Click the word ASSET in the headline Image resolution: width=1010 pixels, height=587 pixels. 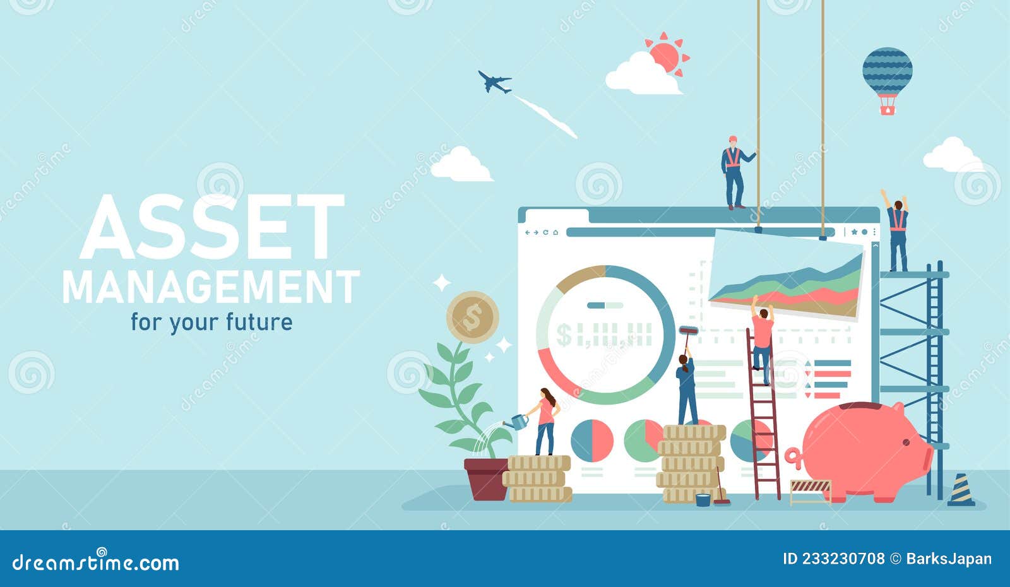[x=212, y=227]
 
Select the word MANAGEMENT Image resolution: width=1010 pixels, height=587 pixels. [x=211, y=287]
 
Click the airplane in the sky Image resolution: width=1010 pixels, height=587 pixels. [x=494, y=82]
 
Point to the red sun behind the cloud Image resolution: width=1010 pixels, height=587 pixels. [x=666, y=55]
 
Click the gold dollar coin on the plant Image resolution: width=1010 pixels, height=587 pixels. [x=472, y=317]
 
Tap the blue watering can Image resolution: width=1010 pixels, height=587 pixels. [x=519, y=421]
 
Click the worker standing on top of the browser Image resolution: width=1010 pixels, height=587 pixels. [x=733, y=172]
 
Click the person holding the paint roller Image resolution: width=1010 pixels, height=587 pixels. [x=686, y=388]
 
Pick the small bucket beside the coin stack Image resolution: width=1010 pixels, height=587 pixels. [x=703, y=500]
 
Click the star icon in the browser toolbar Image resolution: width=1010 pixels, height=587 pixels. [x=854, y=232]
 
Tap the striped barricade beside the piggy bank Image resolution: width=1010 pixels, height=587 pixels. [x=811, y=489]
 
